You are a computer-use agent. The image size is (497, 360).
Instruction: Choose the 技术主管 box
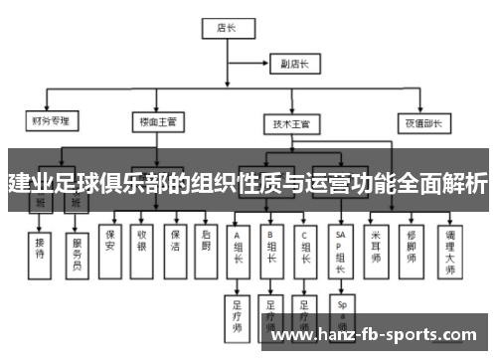point(291,125)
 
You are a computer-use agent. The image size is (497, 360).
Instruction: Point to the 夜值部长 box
point(420,124)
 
